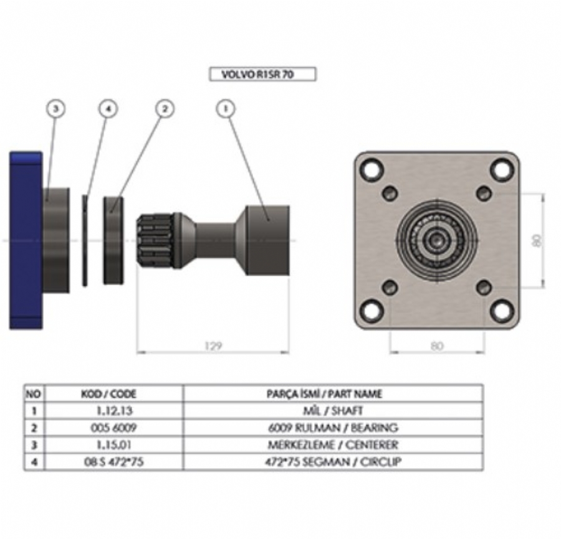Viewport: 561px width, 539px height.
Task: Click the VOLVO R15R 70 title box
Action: (x=262, y=75)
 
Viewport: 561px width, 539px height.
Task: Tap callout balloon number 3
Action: (x=56, y=109)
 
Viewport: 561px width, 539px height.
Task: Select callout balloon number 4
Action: (x=108, y=109)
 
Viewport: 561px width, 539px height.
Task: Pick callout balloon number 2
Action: (x=165, y=109)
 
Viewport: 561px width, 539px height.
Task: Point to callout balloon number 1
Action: (x=225, y=109)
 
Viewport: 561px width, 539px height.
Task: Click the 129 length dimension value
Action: (x=213, y=346)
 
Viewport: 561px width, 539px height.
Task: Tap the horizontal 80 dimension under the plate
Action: (x=436, y=346)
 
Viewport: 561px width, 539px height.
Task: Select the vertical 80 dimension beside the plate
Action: (x=537, y=240)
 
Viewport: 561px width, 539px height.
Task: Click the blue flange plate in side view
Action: (x=26, y=240)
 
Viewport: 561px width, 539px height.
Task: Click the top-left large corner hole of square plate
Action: (x=372, y=169)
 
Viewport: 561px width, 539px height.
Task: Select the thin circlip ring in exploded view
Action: (x=85, y=240)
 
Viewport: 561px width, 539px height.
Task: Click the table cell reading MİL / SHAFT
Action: (x=332, y=411)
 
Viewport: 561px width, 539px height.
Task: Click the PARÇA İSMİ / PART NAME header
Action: (x=332, y=394)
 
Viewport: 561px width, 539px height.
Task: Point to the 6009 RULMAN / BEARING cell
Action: (x=332, y=428)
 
